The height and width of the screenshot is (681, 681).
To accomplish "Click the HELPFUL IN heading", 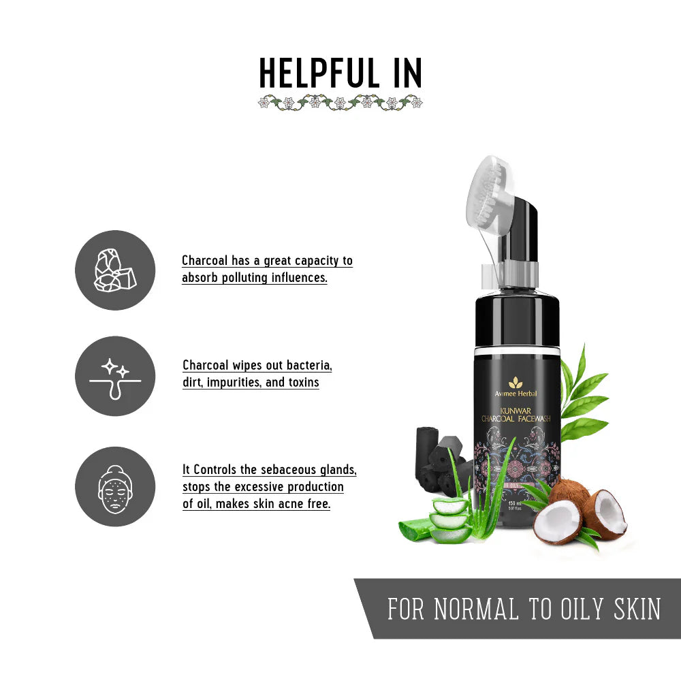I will [x=340, y=73].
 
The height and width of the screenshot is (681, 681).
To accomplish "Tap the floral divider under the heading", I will [x=340, y=103].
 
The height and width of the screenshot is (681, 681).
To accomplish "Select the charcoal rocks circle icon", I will [x=115, y=270].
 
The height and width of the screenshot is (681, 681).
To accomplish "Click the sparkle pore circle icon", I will [x=115, y=376].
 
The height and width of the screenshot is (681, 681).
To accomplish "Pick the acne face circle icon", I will [x=115, y=486].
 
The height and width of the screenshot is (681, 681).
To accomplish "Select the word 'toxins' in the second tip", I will [x=303, y=382].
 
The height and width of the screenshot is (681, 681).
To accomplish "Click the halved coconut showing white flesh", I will [x=558, y=522].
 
